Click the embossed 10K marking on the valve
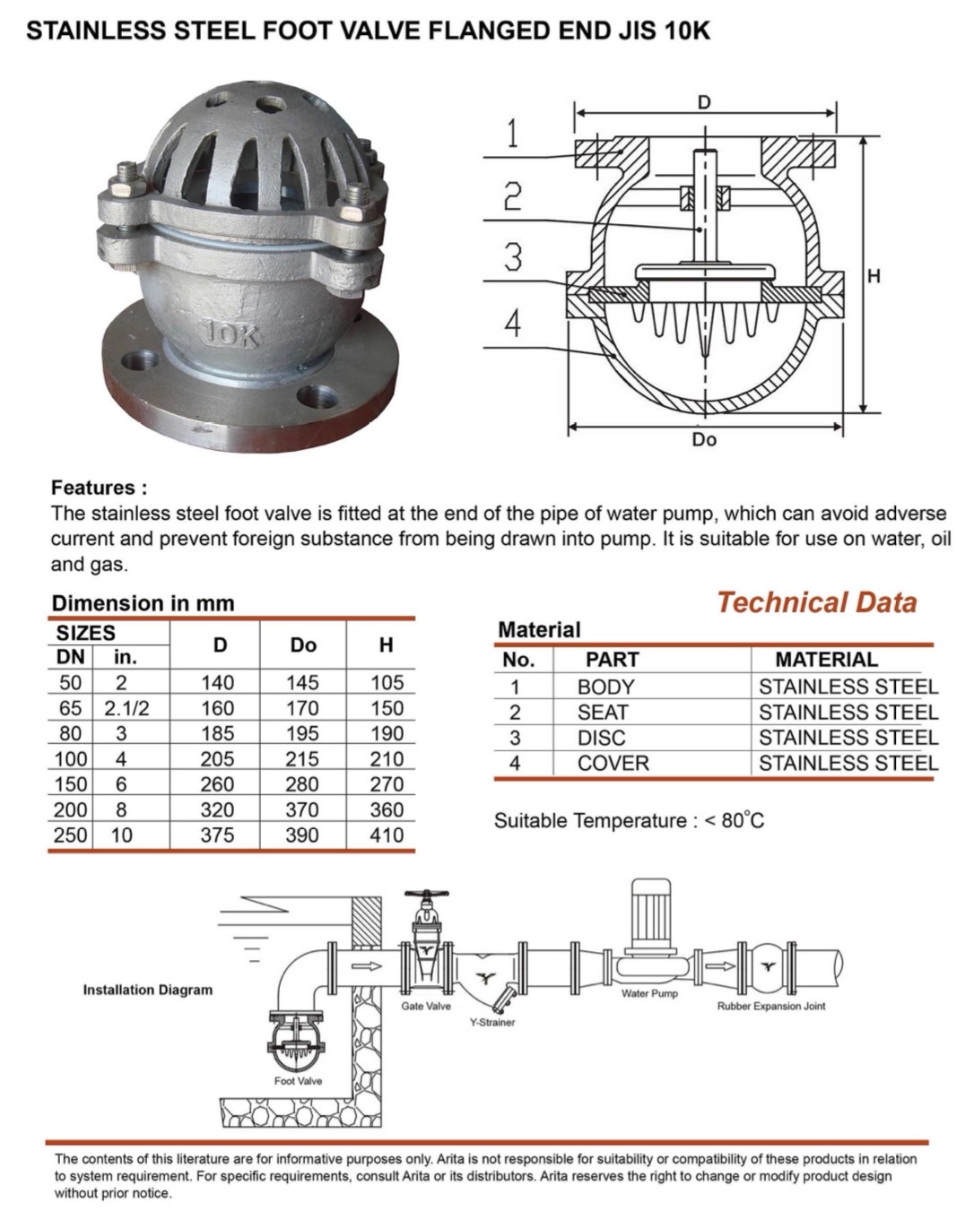[232, 335]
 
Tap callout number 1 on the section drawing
[511, 134]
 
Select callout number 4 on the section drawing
[511, 323]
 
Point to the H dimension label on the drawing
[874, 276]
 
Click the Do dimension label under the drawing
[704, 440]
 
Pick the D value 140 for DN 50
[217, 683]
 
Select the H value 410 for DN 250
[387, 835]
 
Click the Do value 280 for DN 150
[302, 784]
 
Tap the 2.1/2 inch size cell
[126, 708]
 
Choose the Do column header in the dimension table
[303, 645]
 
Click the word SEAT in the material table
[603, 713]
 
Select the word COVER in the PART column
[613, 764]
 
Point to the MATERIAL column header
[826, 661]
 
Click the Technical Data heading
[816, 602]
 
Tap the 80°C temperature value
[742, 820]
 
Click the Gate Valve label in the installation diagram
[426, 1006]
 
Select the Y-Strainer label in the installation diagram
[492, 1022]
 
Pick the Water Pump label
[649, 993]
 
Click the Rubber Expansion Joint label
[771, 1006]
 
